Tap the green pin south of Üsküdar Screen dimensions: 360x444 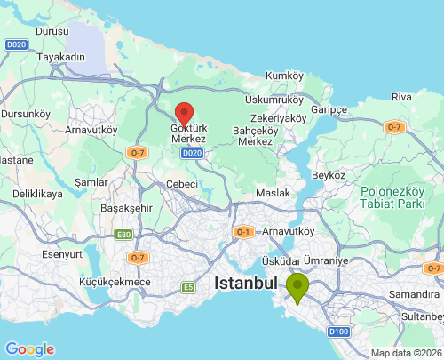pyautogui.click(x=297, y=286)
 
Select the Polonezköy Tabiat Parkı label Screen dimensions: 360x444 pyautogui.click(x=394, y=198)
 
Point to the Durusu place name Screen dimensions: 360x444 pyautogui.click(x=52, y=31)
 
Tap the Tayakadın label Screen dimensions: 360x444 pyautogui.click(x=60, y=56)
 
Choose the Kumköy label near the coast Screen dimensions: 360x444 pyautogui.click(x=284, y=76)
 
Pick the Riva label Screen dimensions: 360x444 pyautogui.click(x=401, y=96)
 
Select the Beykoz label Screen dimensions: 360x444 pyautogui.click(x=329, y=175)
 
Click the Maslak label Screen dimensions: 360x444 pyautogui.click(x=272, y=193)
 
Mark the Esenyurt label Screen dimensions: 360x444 pyautogui.click(x=61, y=253)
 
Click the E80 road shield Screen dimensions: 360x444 pyautogui.click(x=123, y=235)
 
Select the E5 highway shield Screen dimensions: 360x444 pyautogui.click(x=187, y=287)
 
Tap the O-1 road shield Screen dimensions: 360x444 pyautogui.click(x=243, y=232)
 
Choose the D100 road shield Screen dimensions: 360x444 pyautogui.click(x=338, y=332)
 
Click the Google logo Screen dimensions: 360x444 pyautogui.click(x=29, y=349)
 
